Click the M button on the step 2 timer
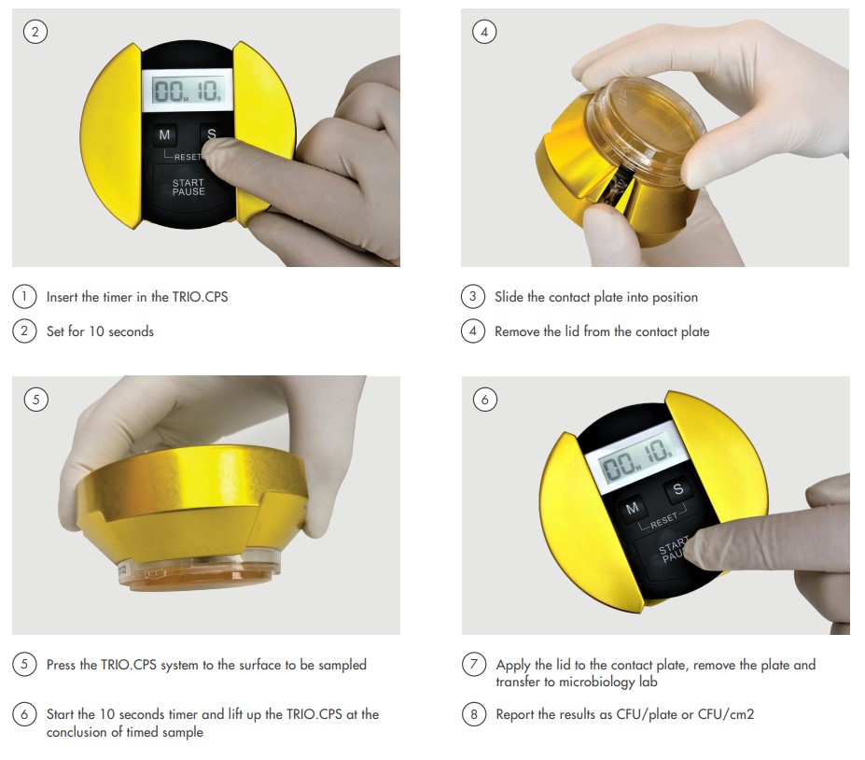point(164,134)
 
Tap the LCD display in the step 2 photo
point(188,90)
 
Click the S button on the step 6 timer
point(678,489)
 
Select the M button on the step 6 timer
point(633,508)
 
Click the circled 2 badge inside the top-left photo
point(35,32)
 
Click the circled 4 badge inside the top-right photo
point(484,32)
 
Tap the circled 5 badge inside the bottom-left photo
point(36,399)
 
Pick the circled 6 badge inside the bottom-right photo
point(485,399)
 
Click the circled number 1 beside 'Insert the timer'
point(24,297)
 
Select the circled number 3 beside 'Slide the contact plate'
point(473,297)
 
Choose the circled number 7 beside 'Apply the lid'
point(474,664)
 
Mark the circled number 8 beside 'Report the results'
point(474,714)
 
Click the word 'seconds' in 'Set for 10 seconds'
point(131,331)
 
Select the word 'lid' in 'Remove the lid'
point(572,331)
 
